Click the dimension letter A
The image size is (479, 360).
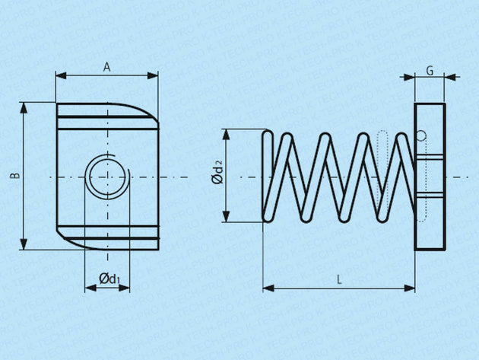[107, 67]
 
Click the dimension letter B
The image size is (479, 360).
[14, 176]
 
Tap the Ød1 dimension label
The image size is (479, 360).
[109, 279]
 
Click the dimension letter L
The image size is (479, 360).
[339, 279]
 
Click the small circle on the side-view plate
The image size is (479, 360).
[420, 136]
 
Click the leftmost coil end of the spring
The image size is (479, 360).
[267, 176]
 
